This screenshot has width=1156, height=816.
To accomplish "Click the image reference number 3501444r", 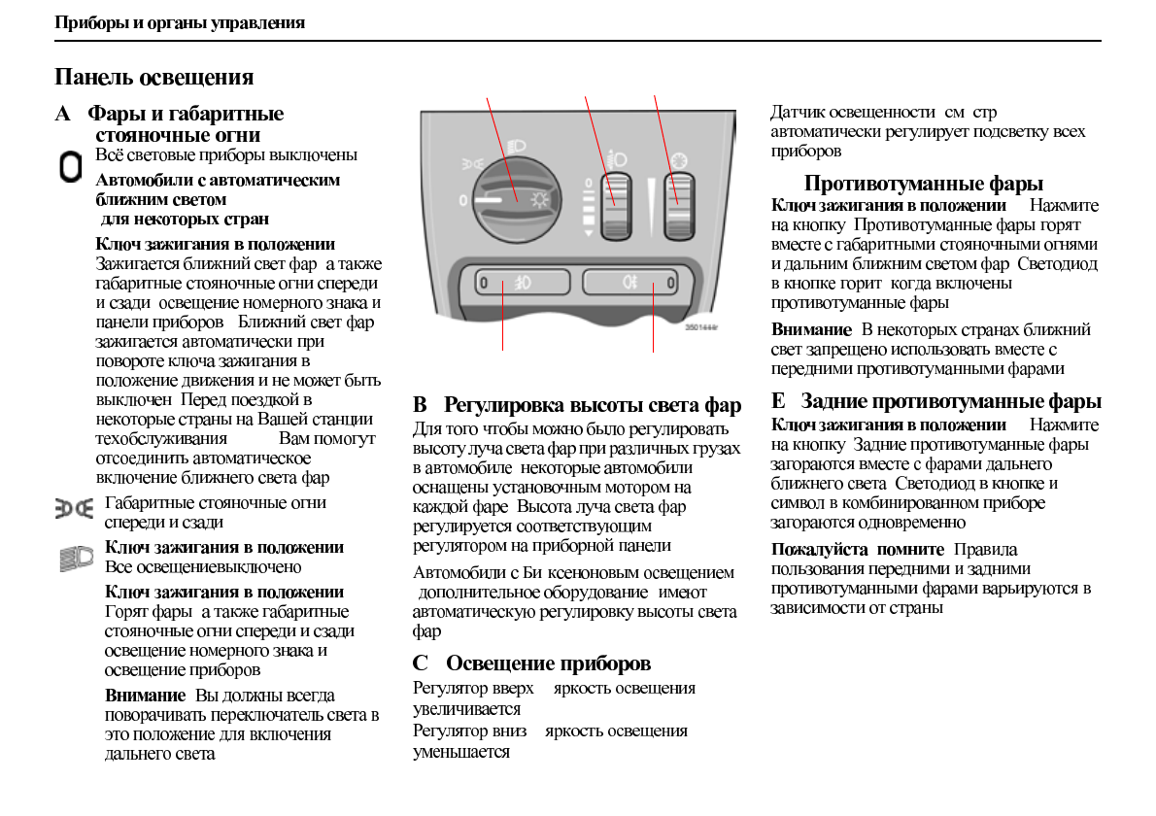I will (701, 327).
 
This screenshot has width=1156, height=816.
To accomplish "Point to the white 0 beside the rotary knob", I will (463, 200).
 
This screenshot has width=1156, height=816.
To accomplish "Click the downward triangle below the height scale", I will (587, 233).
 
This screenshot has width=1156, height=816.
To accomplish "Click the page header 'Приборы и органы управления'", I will (180, 22).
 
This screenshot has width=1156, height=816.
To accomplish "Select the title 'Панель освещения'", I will (154, 77).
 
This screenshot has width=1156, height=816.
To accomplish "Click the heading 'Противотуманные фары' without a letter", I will (924, 184).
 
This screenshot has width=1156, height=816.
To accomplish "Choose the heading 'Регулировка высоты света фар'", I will (593, 405).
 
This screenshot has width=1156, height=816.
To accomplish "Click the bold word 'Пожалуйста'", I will (810, 549).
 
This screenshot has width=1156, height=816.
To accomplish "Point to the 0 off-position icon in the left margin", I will (70, 167).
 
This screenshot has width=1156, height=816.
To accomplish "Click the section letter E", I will (778, 401).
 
